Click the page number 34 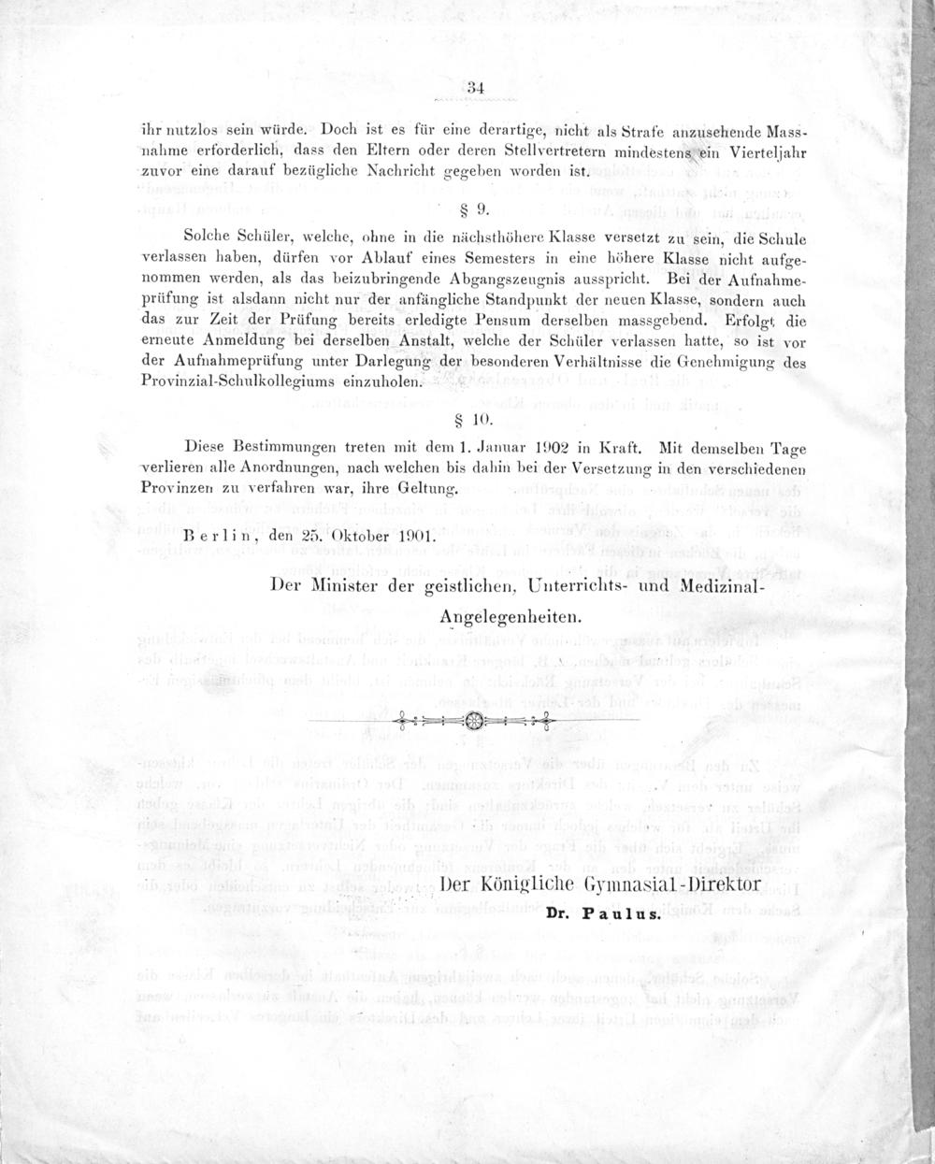(474, 88)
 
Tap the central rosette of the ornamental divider (472, 720)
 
